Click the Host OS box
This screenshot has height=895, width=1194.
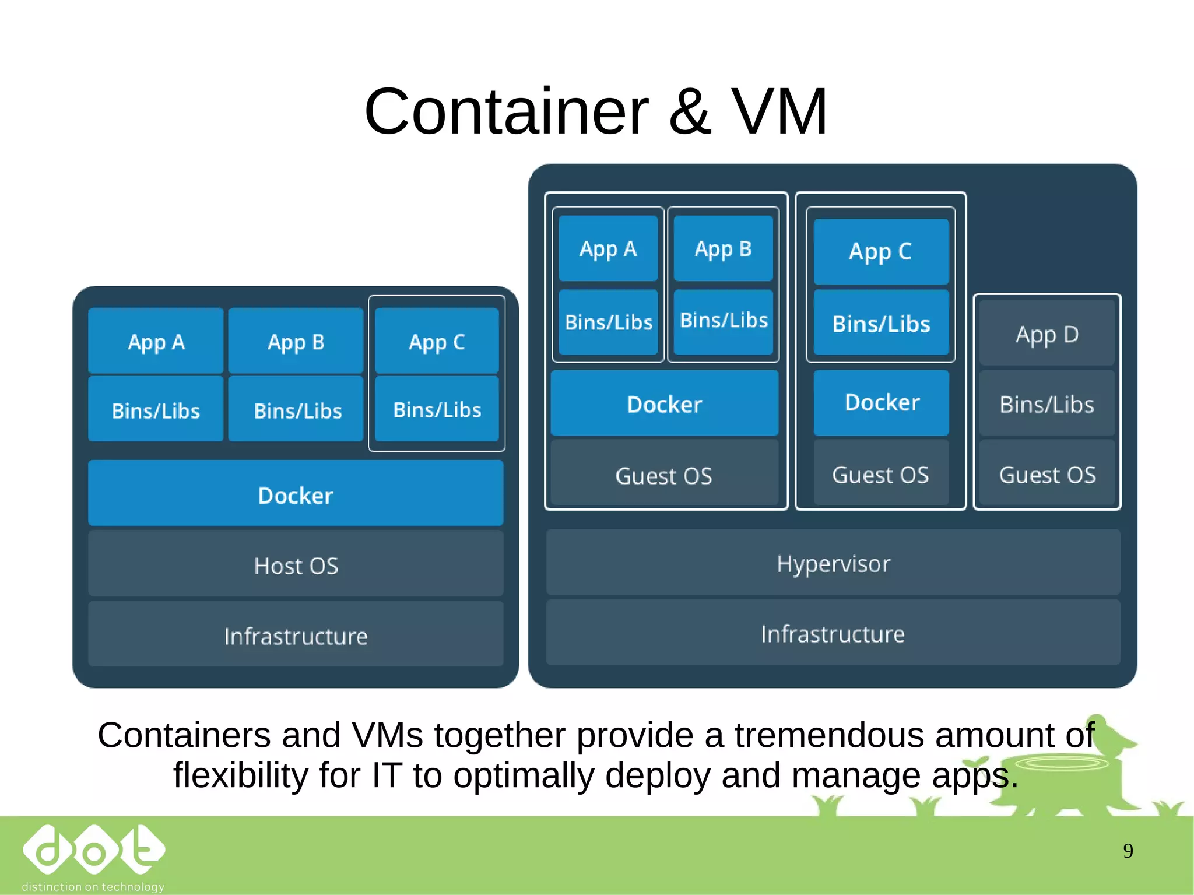[x=296, y=564]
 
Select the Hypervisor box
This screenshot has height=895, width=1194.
[x=833, y=563]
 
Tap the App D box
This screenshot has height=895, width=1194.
[x=1046, y=334]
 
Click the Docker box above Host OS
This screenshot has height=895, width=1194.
[x=296, y=494]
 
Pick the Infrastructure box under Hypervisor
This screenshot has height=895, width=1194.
[x=833, y=633]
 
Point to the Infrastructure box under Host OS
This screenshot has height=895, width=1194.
[x=296, y=635]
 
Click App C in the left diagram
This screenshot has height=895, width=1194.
[x=437, y=341]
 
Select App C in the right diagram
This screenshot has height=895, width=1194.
[x=880, y=251]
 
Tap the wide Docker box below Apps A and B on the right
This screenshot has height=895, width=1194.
[x=664, y=403]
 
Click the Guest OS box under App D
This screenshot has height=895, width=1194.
[x=1046, y=473]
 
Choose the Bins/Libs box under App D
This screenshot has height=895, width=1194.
[x=1046, y=403]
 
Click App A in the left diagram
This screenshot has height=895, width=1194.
[x=156, y=341]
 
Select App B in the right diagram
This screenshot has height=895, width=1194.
[x=723, y=248]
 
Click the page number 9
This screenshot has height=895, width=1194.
[x=1128, y=851]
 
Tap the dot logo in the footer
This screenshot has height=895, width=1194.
[x=93, y=851]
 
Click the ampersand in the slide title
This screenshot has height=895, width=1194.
[x=690, y=112]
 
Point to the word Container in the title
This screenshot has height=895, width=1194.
[x=505, y=112]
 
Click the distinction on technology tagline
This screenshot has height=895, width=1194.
[x=93, y=886]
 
